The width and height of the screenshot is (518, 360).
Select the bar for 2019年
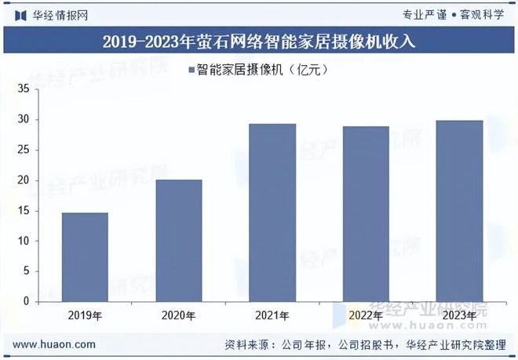coord(85,257)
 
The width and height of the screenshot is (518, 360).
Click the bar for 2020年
coord(178,241)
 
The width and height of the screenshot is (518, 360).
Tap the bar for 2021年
coord(272,213)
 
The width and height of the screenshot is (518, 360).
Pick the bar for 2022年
coord(366,214)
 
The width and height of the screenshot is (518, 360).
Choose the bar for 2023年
coord(459,211)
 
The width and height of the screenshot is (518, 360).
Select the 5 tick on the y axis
coord(26,271)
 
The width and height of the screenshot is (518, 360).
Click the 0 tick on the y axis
coord(26,301)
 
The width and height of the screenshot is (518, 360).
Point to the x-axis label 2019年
coord(85,315)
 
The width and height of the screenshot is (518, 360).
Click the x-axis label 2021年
coord(272,315)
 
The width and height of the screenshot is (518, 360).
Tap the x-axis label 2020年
coord(178,315)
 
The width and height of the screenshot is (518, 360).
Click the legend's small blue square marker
coord(191,71)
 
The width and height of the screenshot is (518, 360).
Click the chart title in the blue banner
coord(259,42)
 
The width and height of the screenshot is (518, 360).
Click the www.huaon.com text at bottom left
coord(55,344)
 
